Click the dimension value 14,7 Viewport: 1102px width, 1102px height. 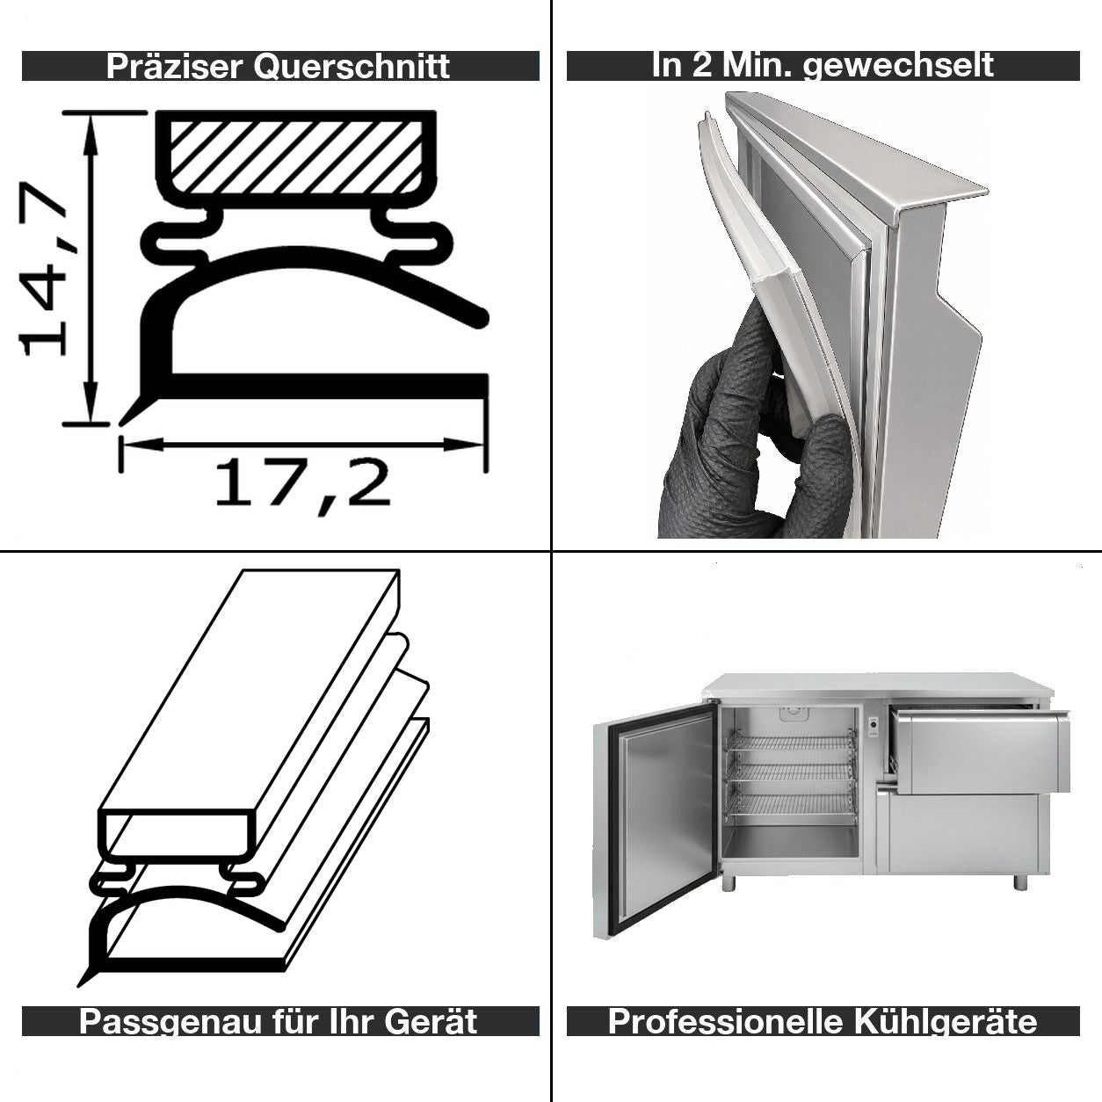tap(42, 269)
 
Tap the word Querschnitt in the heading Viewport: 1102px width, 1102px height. tap(352, 67)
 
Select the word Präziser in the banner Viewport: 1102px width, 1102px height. tap(174, 67)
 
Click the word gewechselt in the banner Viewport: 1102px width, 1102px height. tap(898, 66)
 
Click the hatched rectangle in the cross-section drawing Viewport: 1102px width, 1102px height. tap(296, 157)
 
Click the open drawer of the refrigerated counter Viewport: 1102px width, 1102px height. tap(978, 750)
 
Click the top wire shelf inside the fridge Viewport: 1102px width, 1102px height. tap(792, 742)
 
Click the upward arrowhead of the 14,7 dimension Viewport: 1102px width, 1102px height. tap(90, 134)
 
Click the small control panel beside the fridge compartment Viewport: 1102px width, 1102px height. tap(873, 726)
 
